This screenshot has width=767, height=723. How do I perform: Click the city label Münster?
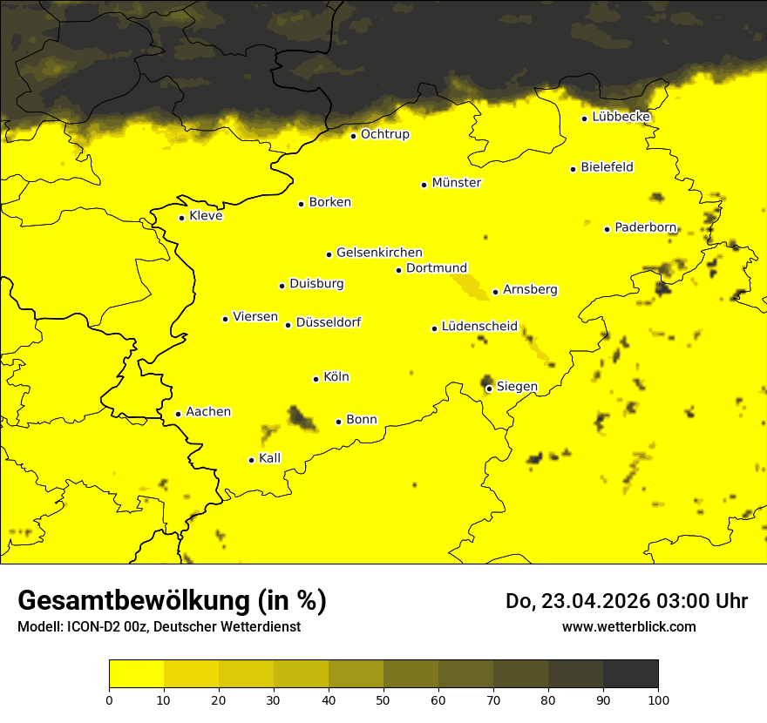(x=456, y=183)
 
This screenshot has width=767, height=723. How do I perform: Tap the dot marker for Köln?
(x=316, y=379)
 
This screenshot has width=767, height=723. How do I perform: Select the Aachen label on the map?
(x=208, y=412)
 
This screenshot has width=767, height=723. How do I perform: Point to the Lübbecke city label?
(x=621, y=117)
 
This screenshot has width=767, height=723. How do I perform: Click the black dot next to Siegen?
(x=489, y=389)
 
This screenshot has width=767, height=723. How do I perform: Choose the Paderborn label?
(x=645, y=227)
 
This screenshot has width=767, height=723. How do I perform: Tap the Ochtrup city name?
(x=384, y=134)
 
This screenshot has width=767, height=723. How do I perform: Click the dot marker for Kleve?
(x=181, y=218)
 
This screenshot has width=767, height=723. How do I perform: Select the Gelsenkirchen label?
(x=379, y=253)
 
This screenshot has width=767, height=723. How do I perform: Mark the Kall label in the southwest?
(x=269, y=458)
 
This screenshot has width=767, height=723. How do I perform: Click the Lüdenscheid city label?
(x=479, y=327)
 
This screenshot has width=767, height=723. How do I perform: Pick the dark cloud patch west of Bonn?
(x=302, y=422)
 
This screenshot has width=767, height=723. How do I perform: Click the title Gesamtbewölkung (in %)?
(x=172, y=601)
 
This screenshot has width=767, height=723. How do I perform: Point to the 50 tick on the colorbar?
(x=383, y=699)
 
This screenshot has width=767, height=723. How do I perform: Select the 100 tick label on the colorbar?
(x=658, y=699)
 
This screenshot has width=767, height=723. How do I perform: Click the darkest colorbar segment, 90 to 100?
(x=630, y=674)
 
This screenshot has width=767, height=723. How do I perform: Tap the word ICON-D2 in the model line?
(x=92, y=627)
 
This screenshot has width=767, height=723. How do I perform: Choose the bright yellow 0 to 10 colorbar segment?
(x=136, y=674)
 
